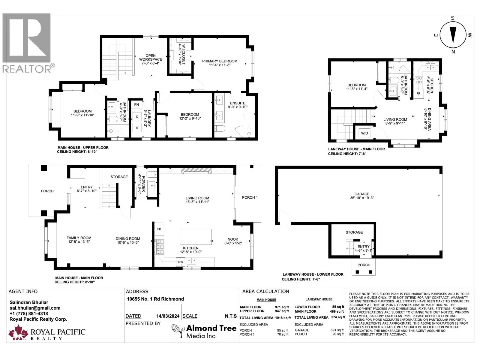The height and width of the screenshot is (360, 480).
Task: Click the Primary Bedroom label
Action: pos(220,61)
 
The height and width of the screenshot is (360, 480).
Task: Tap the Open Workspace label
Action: pos(151,58)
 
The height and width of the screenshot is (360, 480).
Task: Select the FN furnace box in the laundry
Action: pos(136,105)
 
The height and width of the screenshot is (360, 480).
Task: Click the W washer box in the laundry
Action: pos(137,128)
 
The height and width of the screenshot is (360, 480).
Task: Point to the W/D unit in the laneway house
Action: pos(364,133)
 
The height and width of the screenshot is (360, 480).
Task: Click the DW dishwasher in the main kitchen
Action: pos(181,262)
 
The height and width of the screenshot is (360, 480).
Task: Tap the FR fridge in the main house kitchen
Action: pos(159,229)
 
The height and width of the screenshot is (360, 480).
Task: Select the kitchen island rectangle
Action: pos(196,237)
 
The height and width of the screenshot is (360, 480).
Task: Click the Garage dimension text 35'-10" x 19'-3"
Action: pos(362,198)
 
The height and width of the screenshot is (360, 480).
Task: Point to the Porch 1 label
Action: pos(250,197)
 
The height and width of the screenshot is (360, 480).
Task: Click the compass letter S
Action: pos(453,18)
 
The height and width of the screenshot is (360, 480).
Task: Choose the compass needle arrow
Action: pos(453,35)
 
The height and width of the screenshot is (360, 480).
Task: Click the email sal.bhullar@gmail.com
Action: pos(35,308)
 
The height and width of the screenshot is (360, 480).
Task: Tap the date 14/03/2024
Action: pos(168,316)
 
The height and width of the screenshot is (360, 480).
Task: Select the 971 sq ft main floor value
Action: pos(282,307)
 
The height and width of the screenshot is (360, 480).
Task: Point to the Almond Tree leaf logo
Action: pos(178,331)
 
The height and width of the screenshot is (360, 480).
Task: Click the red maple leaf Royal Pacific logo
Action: pos(18,332)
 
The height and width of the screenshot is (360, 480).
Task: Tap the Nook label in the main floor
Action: pos(233,239)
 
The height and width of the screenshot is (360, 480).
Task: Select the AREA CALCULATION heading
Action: pos(266,292)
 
